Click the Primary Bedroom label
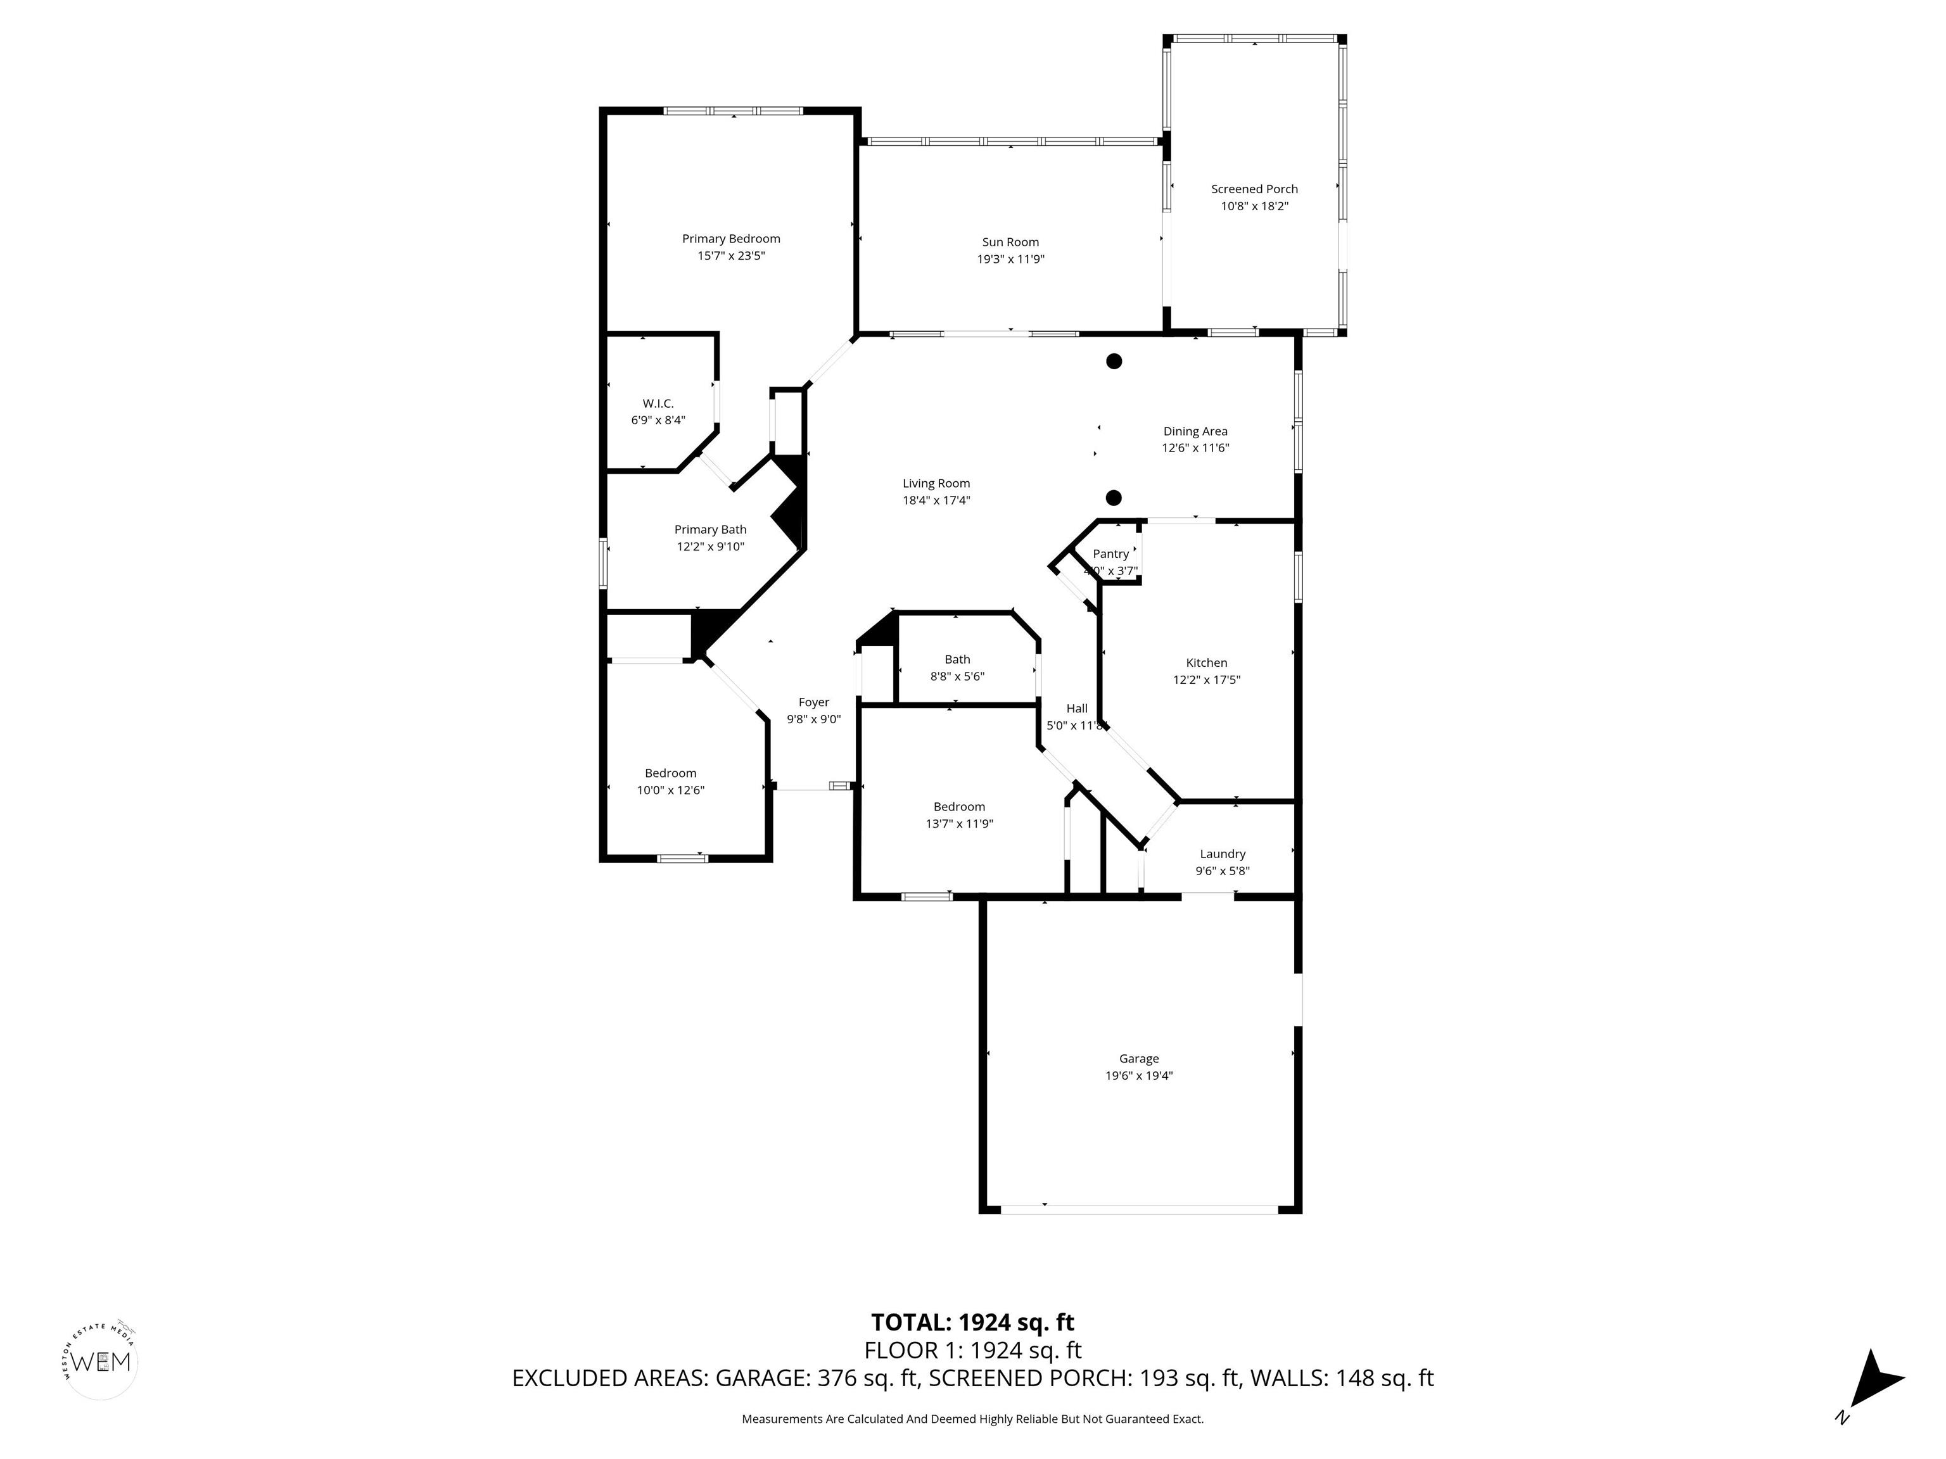(x=730, y=238)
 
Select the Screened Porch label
(x=1254, y=189)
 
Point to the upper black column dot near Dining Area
(x=1114, y=360)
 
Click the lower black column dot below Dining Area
(x=1113, y=498)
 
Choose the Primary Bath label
(x=710, y=529)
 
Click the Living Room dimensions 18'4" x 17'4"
(x=936, y=500)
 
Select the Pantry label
(x=1110, y=554)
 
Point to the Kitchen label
(x=1206, y=663)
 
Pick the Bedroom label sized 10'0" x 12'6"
(x=670, y=774)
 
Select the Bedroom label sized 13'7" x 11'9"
(x=959, y=807)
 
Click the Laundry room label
(x=1222, y=854)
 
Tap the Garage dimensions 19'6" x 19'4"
(x=1138, y=1075)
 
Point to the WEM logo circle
(x=102, y=1362)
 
